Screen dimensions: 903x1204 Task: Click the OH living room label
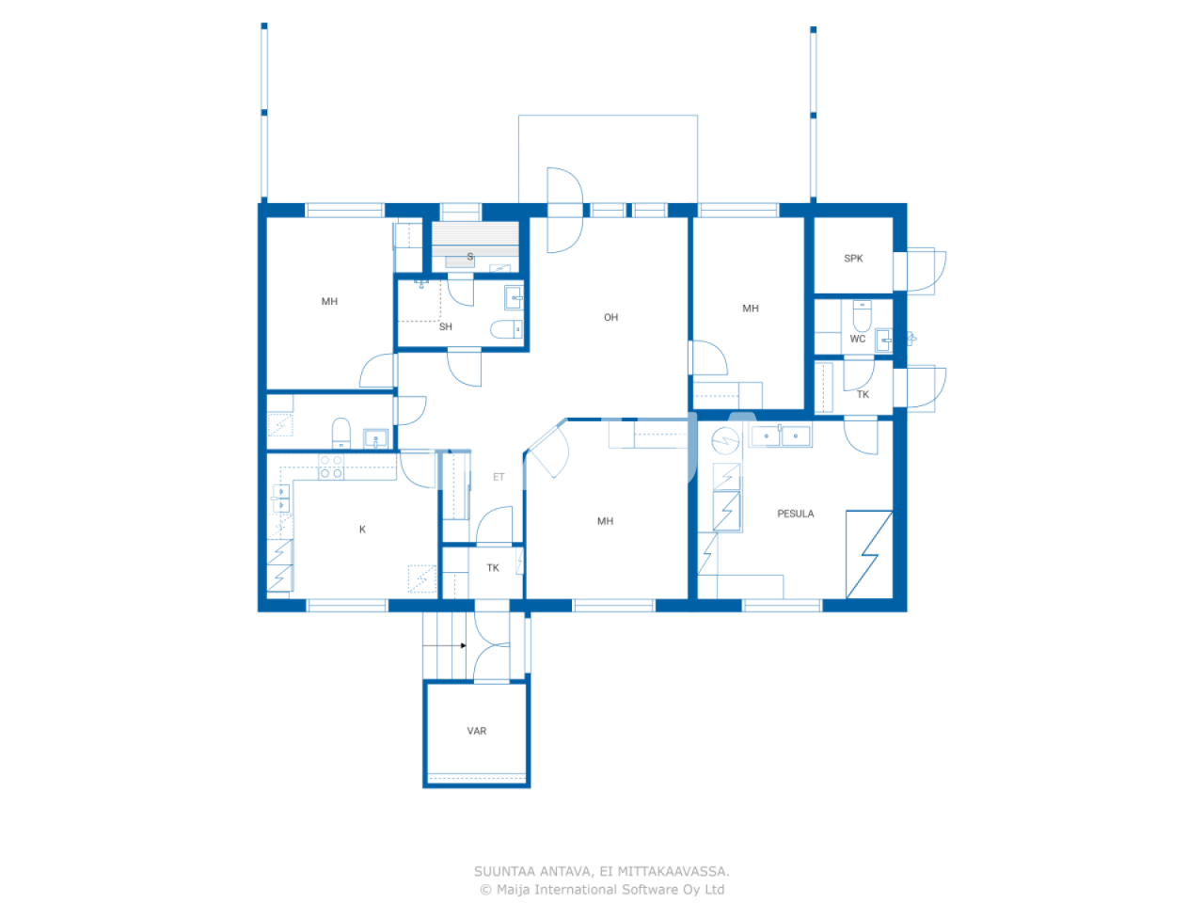pos(610,318)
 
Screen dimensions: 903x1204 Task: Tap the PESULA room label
pos(795,514)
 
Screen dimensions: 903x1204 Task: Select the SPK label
pos(853,259)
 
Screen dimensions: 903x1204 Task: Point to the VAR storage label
pos(477,731)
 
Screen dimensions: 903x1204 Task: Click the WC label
pos(857,340)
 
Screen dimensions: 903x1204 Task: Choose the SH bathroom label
pos(445,327)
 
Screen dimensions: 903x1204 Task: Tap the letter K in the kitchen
pos(362,530)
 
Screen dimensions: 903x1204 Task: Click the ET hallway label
pos(499,478)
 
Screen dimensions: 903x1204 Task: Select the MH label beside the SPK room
pos(750,309)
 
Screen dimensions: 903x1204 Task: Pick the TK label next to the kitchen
pos(492,568)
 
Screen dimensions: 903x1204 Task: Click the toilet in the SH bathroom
pos(505,329)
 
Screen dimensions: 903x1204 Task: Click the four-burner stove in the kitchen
pos(331,467)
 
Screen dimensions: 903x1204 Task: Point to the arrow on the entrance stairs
pos(463,645)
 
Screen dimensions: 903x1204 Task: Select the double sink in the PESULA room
pos(781,436)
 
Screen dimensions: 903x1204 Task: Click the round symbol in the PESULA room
pos(725,439)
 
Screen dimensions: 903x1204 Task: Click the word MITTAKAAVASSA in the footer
pos(673,872)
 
